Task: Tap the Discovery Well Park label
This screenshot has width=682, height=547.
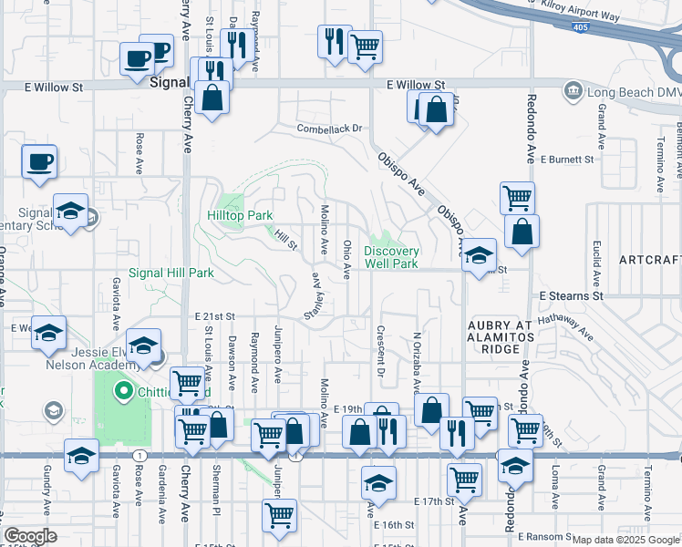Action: point(392,257)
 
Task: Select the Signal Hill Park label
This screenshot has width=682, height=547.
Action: point(170,273)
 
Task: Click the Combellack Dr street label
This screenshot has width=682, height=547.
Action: point(329,129)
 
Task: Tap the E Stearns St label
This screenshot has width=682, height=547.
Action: point(571,296)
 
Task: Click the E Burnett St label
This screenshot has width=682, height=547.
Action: point(566,159)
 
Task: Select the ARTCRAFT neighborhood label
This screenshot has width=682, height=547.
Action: point(649,260)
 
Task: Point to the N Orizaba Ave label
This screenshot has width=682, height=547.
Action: point(416,362)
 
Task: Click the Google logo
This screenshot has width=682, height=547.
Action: point(30,537)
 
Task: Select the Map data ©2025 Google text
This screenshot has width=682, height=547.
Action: point(625,540)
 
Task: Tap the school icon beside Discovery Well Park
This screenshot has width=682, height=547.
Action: point(477,256)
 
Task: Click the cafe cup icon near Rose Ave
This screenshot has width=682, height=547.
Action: point(39,162)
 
